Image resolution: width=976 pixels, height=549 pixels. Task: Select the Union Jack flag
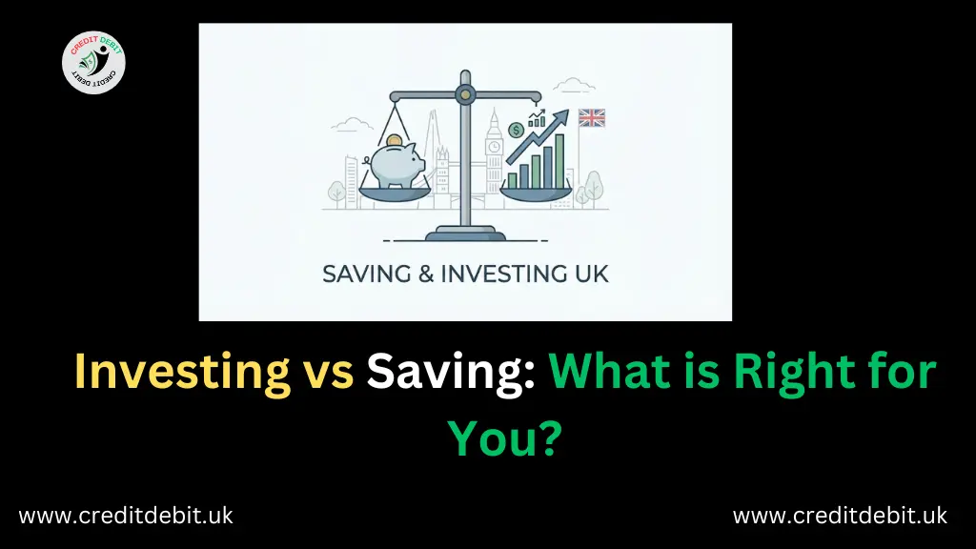tap(592, 118)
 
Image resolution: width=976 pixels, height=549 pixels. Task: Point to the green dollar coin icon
tap(516, 130)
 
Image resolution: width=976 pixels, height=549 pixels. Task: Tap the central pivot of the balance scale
tap(464, 93)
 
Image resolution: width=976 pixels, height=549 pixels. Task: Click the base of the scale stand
tap(464, 232)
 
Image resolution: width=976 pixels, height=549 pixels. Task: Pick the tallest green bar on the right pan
tap(559, 160)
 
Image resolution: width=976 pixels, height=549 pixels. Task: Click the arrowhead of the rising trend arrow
tap(561, 117)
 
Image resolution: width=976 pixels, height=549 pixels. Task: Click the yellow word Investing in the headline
tap(183, 371)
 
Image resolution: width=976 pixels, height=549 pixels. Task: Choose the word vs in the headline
tap(330, 371)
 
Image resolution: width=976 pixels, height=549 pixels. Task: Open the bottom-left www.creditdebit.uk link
tap(126, 516)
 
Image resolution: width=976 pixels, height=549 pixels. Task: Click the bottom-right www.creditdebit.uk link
tap(840, 516)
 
